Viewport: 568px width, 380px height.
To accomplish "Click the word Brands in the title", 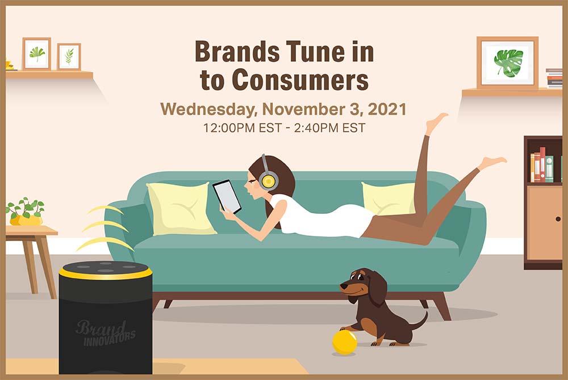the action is click(237, 52).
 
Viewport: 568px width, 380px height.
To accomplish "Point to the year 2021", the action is click(387, 109).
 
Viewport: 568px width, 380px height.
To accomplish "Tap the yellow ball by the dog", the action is click(345, 342).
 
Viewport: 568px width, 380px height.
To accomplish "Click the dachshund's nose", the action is click(341, 286).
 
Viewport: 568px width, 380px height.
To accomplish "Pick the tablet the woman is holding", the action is click(227, 196).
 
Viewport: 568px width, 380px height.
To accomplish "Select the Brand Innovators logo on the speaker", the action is click(106, 333).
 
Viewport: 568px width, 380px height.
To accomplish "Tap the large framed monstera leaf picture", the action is click(507, 62).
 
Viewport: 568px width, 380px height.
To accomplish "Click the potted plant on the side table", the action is click(26, 212).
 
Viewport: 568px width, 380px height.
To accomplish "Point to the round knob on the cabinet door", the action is click(558, 219).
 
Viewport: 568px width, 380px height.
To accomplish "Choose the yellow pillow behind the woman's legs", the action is click(389, 198).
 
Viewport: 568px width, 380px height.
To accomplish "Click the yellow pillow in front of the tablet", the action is click(181, 209).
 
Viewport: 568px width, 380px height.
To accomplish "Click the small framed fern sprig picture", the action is click(69, 56).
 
